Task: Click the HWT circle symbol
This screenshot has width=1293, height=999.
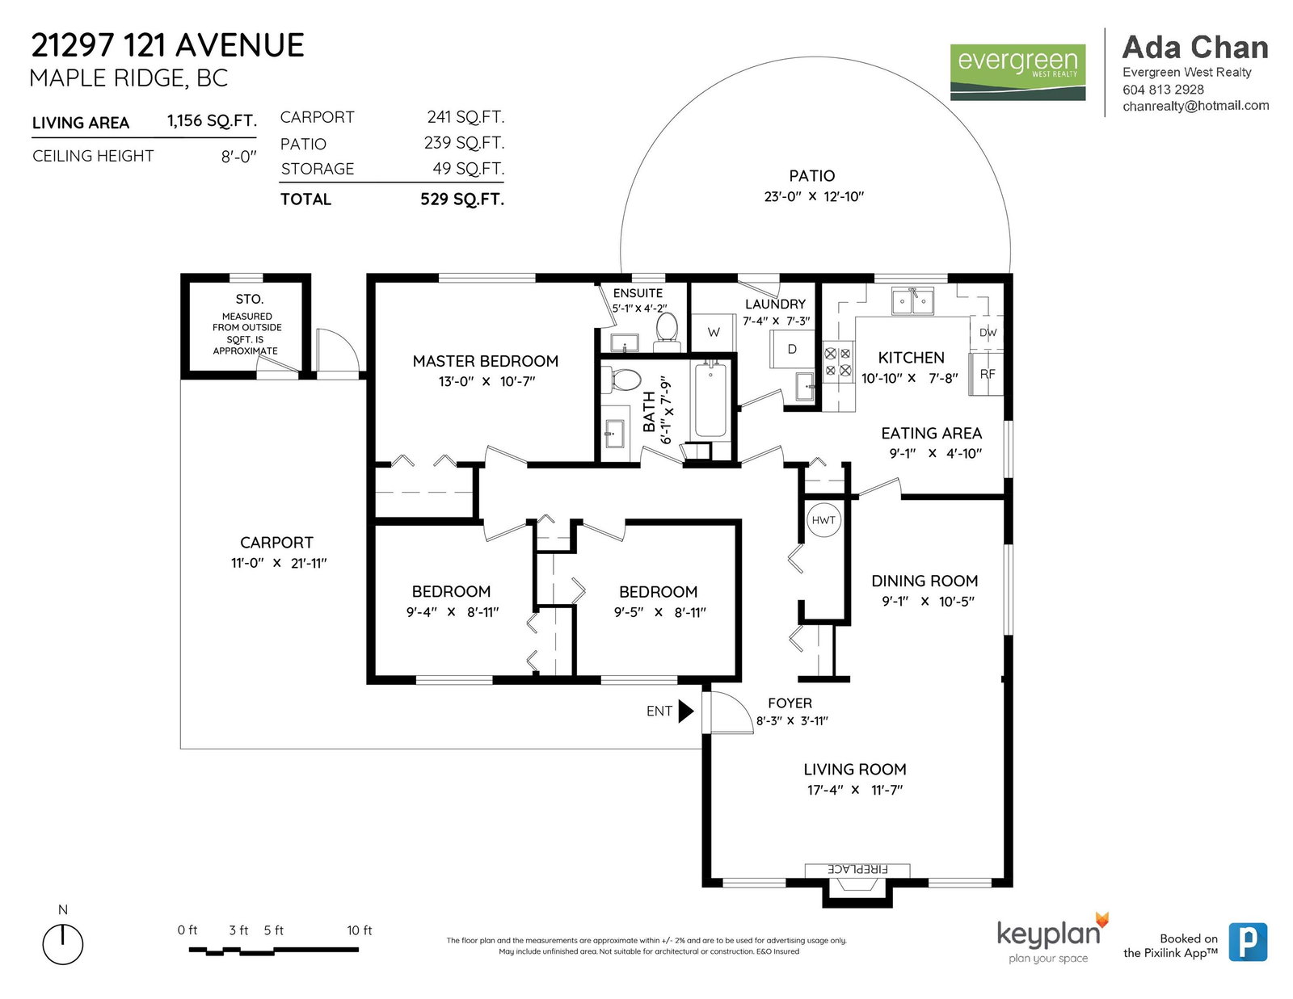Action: tap(823, 520)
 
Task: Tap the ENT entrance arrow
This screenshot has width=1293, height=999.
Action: tap(686, 711)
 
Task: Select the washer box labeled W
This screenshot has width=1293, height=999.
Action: tap(714, 333)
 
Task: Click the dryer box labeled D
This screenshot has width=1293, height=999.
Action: tap(792, 350)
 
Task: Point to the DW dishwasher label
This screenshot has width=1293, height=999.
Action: tap(988, 333)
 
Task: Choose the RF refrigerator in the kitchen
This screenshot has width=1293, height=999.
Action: tap(987, 374)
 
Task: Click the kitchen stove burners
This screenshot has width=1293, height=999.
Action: tap(838, 362)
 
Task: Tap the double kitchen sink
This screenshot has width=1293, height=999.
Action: tap(912, 300)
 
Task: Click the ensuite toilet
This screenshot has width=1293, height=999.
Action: tap(667, 328)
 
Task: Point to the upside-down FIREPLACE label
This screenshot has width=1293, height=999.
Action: tap(857, 869)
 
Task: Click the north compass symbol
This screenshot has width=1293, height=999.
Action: tap(62, 944)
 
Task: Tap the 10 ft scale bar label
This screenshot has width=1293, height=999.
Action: tap(360, 930)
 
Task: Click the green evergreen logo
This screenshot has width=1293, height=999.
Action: tap(1017, 72)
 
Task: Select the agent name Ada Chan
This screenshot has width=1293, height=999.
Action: tap(1195, 48)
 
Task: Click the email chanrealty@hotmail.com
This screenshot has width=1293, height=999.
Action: tap(1195, 106)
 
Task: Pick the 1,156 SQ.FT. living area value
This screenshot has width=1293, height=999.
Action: tap(212, 120)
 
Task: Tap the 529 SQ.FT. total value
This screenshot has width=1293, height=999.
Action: tap(461, 199)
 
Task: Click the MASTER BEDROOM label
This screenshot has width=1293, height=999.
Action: tap(486, 361)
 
